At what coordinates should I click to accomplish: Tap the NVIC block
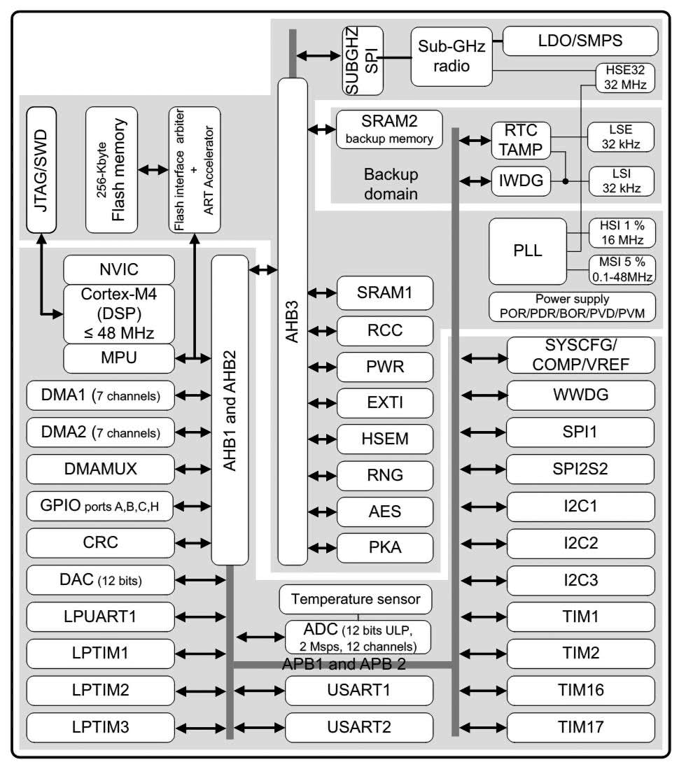(118, 269)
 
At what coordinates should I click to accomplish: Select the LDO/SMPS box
(581, 41)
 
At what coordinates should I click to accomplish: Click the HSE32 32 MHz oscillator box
(624, 78)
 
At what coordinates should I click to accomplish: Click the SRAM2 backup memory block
(390, 129)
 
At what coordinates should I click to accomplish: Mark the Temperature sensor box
(356, 599)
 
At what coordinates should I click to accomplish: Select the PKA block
(384, 547)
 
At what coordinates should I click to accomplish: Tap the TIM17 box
(582, 726)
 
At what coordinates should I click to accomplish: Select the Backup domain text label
(391, 183)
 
